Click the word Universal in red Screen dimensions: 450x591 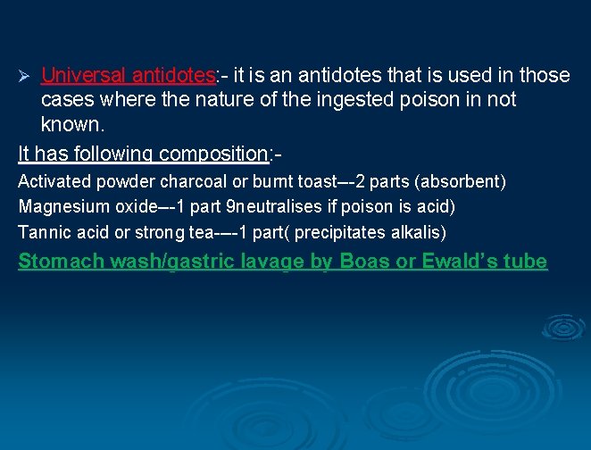(x=86, y=74)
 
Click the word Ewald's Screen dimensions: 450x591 (x=460, y=262)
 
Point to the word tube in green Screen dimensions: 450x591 (x=526, y=262)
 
